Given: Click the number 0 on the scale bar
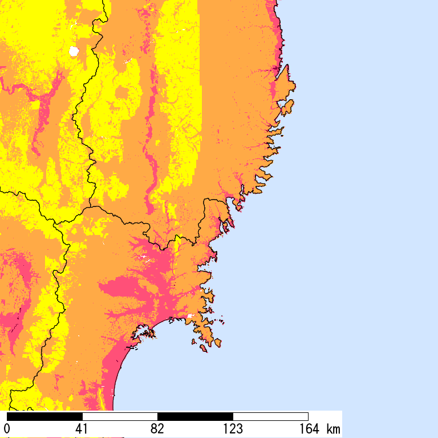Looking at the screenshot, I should pyautogui.click(x=7, y=428).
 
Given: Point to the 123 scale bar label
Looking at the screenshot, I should pyautogui.click(x=233, y=428).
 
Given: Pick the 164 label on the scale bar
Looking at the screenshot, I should pyautogui.click(x=308, y=428).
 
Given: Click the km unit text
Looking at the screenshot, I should pyautogui.click(x=333, y=428).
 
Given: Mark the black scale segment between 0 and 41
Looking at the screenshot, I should pyautogui.click(x=44, y=416).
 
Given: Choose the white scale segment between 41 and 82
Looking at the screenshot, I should pyautogui.click(x=120, y=416).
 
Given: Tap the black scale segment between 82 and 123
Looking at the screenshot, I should pyautogui.click(x=195, y=416).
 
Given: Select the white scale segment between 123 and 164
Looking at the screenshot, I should pyautogui.click(x=270, y=416).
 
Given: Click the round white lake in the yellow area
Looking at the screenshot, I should pyautogui.click(x=73, y=51).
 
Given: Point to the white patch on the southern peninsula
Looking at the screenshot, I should pyautogui.click(x=190, y=315).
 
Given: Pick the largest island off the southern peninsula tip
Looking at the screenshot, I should pyautogui.click(x=216, y=342).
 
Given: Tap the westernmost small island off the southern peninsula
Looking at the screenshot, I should pyautogui.click(x=194, y=342).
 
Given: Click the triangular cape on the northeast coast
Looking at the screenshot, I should pyautogui.click(x=289, y=80).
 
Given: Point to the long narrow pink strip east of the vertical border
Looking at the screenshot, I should pyautogui.click(x=152, y=143).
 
